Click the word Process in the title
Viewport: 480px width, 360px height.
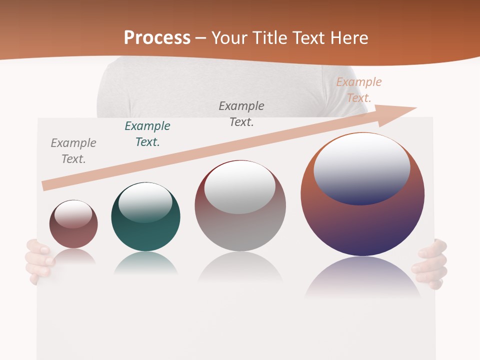point(157,38)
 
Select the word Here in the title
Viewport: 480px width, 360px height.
point(348,38)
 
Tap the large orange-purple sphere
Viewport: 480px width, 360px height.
point(362,225)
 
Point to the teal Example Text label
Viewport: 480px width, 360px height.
point(147,134)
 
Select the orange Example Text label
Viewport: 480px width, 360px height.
point(359,90)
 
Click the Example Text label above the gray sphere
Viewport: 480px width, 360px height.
point(241,113)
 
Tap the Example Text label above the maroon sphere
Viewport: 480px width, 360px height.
point(73,151)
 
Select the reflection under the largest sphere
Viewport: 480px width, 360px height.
point(362,277)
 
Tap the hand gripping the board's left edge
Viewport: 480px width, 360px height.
point(39,260)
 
